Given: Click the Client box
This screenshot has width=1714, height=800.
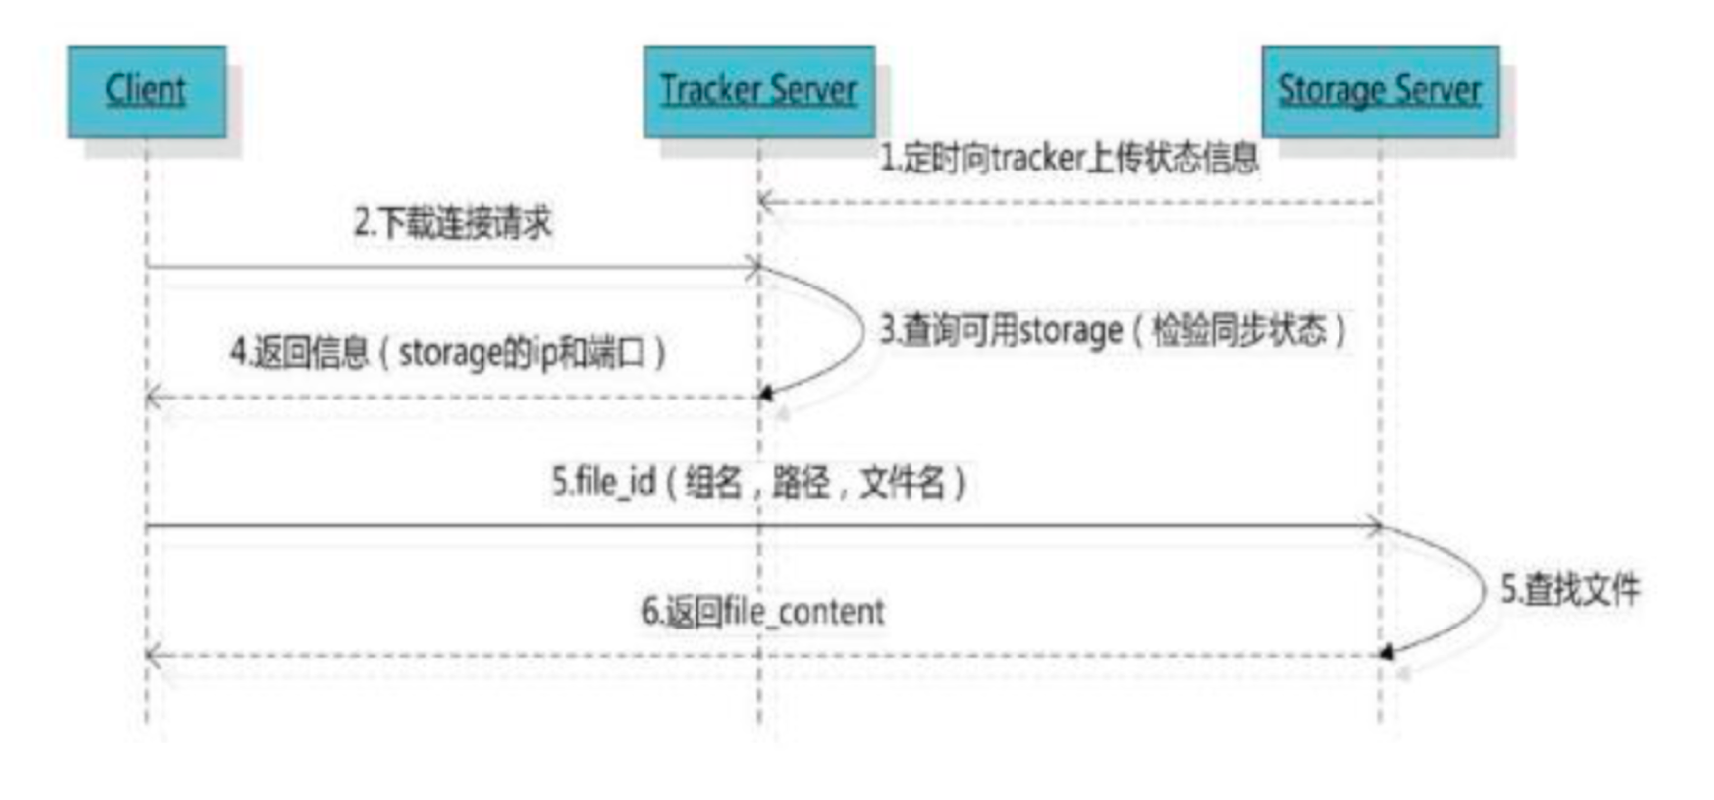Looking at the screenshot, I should pos(146,91).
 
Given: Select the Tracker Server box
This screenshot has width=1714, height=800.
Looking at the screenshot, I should pos(758,91).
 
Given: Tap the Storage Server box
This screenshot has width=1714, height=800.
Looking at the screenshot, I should pos(1379,91).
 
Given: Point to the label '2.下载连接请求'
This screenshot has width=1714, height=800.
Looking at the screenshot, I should pos(453,222).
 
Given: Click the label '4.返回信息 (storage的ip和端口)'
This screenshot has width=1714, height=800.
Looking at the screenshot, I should pos(448,352).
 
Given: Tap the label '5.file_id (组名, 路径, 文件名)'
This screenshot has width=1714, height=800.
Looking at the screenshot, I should pos(759,483).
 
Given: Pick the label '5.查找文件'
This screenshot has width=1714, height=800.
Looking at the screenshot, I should pos(1570,589).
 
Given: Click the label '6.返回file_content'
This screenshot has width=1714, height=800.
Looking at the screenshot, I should pos(763,611).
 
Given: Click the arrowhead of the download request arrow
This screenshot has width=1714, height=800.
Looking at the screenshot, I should pos(753,267).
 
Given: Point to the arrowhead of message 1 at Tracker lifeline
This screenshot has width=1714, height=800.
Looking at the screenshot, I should pos(765,203).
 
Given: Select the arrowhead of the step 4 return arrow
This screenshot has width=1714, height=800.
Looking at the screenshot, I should pos(153,398).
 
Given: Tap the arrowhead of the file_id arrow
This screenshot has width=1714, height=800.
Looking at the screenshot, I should pos(1374,525).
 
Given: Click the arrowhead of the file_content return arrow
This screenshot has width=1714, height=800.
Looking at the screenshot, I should pos(153,655).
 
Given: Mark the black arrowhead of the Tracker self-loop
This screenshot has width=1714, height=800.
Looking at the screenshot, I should pos(765,395).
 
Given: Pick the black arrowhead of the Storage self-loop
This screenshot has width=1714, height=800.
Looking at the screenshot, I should pos(1387,652).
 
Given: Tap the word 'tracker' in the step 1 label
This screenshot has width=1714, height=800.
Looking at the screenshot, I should pos(1037,158).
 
